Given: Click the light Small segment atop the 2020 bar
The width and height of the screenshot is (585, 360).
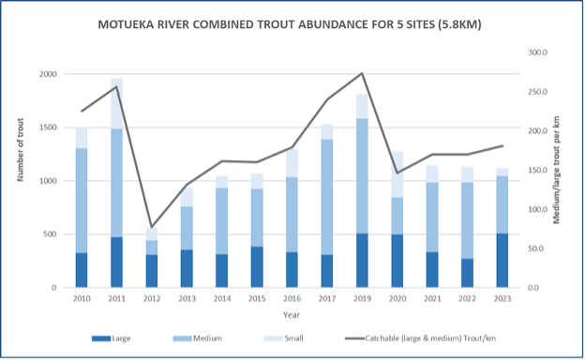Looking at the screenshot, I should pos(397,173).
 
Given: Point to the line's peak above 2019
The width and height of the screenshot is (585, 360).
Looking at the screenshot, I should pos(362,73).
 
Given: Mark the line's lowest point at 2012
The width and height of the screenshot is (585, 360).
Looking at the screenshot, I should pos(151,228).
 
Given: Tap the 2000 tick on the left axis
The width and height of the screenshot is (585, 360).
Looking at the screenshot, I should pos(47,74).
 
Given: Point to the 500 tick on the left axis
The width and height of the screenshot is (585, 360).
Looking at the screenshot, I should pos(51,233).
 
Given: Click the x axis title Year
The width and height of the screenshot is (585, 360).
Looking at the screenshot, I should pos(291,315).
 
